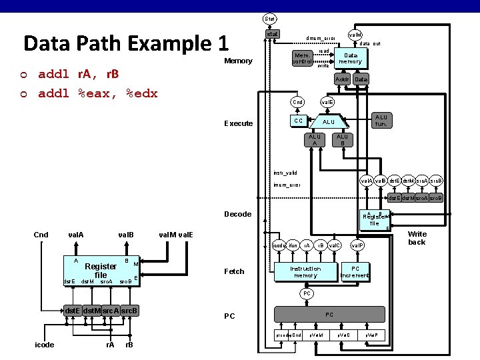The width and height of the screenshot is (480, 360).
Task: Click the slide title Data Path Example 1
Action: (126, 43)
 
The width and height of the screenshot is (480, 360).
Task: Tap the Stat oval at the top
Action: (270, 18)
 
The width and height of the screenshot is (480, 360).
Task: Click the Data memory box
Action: (350, 58)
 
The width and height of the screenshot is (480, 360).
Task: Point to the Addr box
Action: (343, 79)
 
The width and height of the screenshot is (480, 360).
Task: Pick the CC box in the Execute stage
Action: (299, 121)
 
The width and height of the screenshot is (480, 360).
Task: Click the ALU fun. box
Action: (381, 121)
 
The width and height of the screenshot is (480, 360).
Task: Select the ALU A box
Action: (313, 139)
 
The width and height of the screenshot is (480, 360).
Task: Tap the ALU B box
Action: (342, 139)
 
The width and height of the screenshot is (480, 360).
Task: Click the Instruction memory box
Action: (305, 272)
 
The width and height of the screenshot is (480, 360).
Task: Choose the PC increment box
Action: (355, 272)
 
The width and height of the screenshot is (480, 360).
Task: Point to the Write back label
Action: (417, 238)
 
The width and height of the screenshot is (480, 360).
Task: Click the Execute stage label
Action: (238, 123)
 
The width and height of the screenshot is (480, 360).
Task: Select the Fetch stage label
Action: (234, 271)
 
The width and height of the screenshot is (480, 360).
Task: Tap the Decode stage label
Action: (238, 214)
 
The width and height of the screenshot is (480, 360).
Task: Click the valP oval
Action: (358, 245)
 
